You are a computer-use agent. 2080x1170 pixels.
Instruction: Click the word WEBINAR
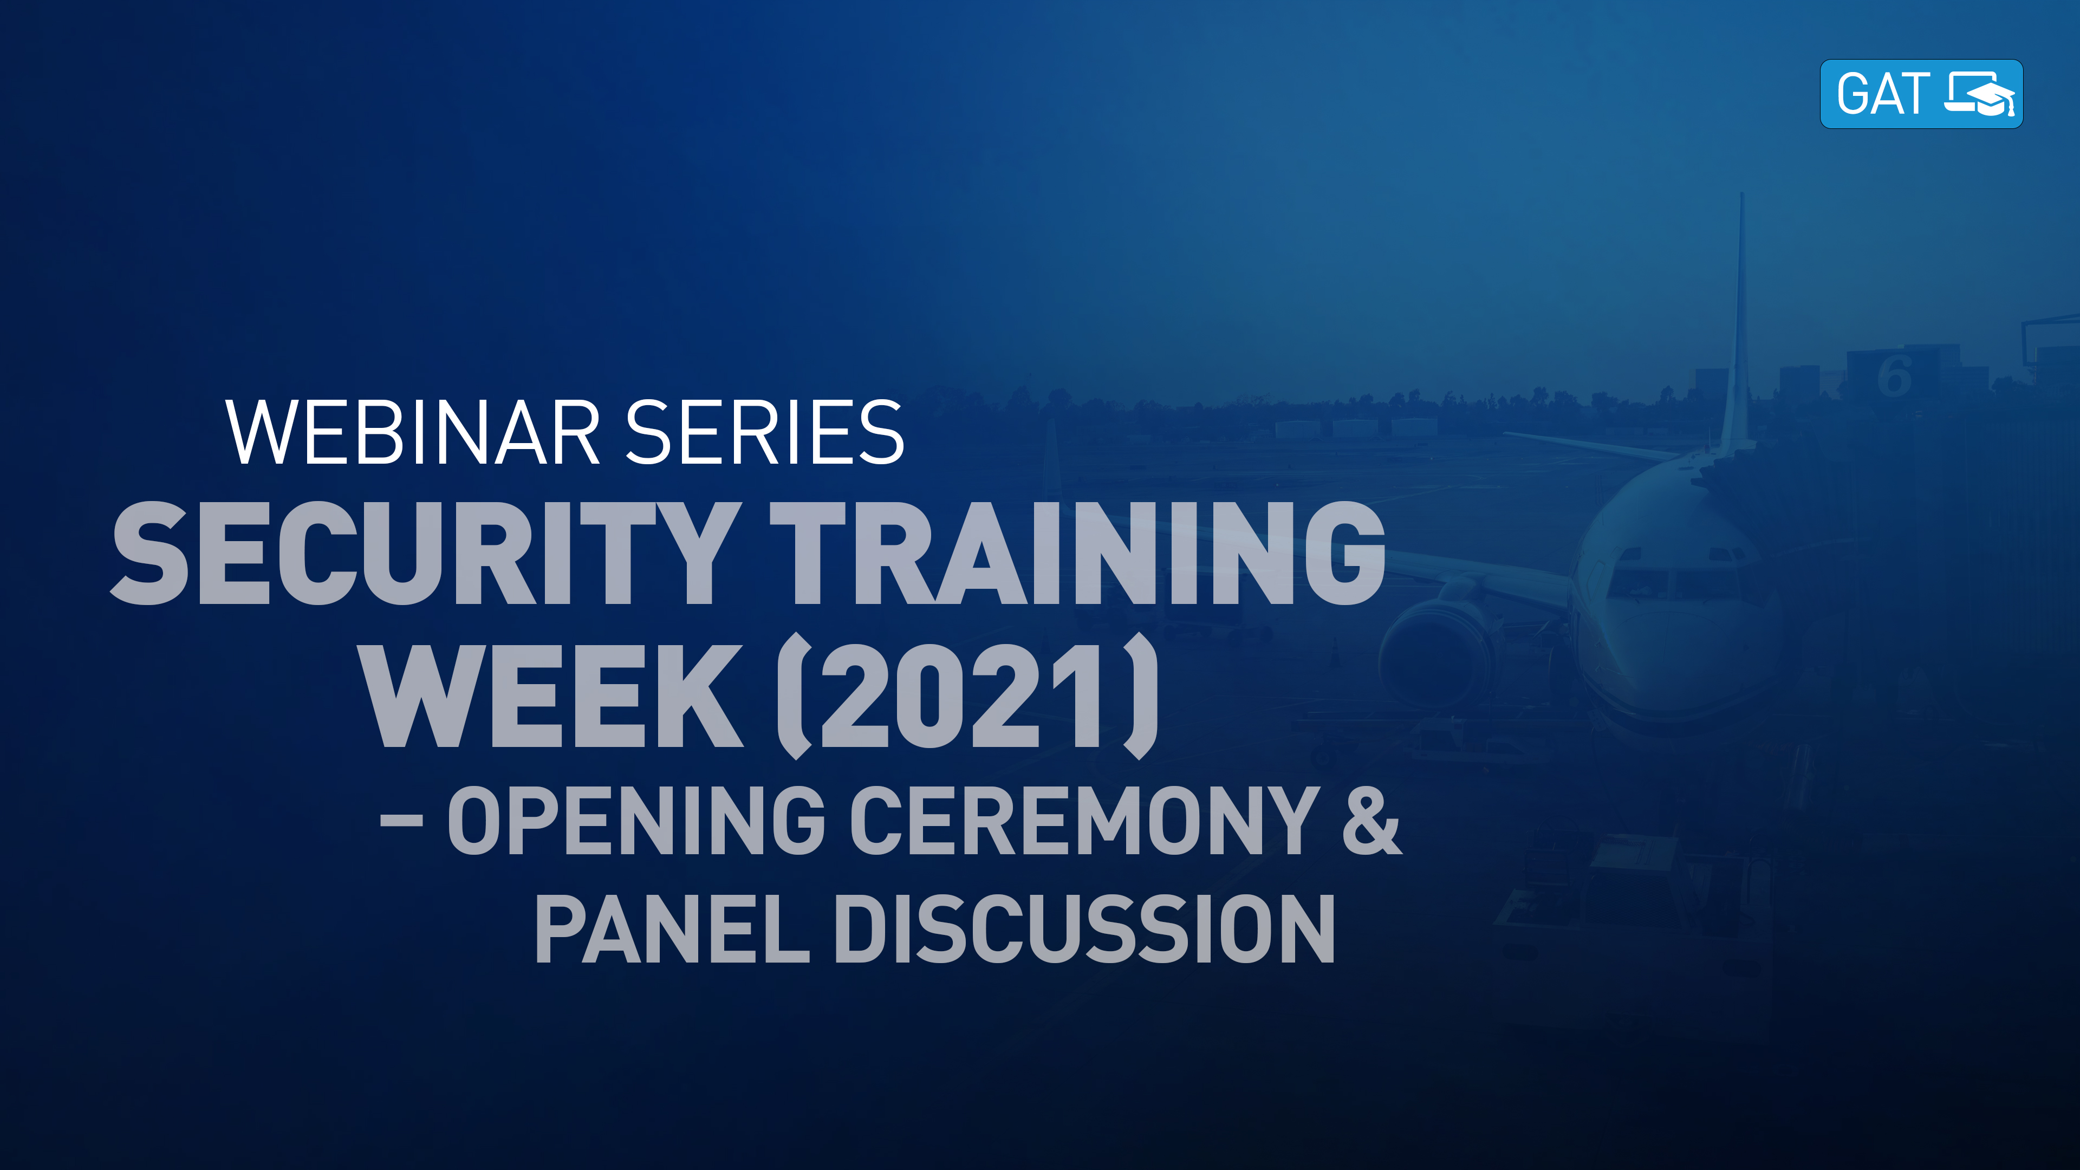412,433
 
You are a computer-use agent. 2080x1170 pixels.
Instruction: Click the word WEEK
551,696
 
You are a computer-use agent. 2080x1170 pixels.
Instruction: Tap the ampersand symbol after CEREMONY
1371,821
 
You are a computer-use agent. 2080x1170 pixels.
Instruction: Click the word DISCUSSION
1083,930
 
